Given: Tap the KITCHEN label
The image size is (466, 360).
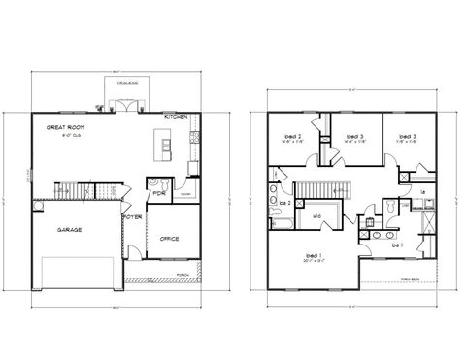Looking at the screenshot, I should pyautogui.click(x=176, y=116).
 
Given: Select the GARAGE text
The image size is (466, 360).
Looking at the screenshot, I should pyautogui.click(x=68, y=230).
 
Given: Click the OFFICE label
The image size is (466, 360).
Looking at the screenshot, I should pyautogui.click(x=169, y=238).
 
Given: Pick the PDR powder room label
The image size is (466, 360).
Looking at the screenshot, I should pyautogui.click(x=158, y=192).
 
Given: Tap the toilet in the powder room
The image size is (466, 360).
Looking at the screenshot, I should pyautogui.click(x=153, y=181).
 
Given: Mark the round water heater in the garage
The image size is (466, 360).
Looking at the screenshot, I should pyautogui.click(x=40, y=206).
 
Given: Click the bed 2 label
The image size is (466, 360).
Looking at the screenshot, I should pyautogui.click(x=291, y=137).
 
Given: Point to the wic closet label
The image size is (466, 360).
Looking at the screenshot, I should pyautogui.click(x=316, y=216).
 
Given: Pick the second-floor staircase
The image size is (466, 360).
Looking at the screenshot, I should pyautogui.click(x=315, y=189).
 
